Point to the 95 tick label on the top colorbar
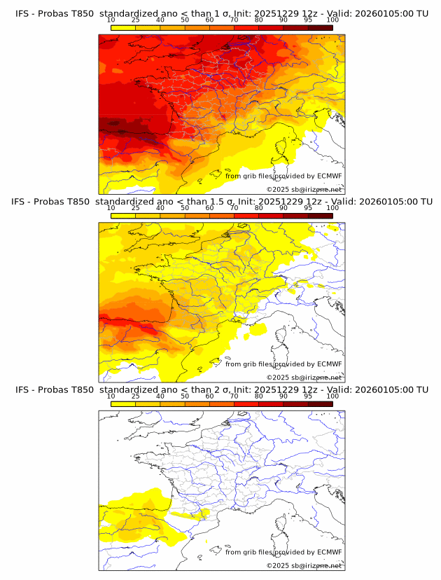(308, 20)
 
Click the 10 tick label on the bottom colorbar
(111, 396)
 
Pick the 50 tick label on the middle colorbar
(185, 208)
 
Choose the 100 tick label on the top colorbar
(332, 20)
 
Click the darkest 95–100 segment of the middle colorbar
(320, 215)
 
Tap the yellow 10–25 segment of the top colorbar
(123, 27)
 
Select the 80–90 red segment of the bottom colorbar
(271, 403)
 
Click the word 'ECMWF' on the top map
(329, 177)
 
